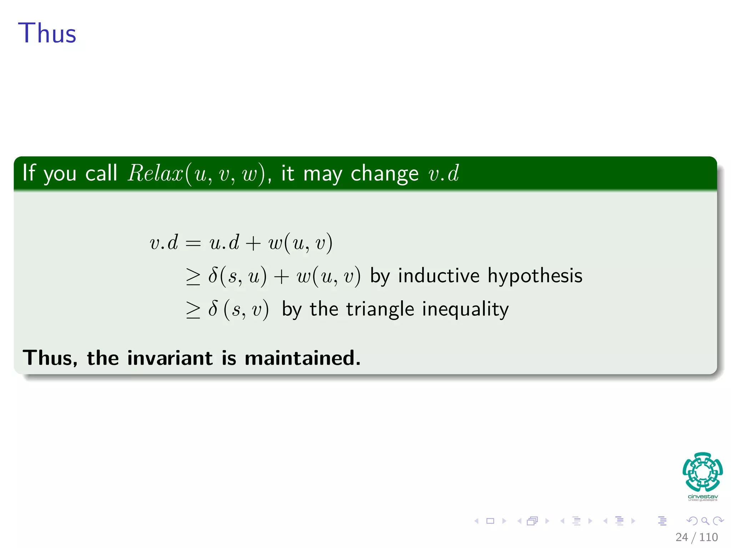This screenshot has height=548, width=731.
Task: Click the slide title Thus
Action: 47,33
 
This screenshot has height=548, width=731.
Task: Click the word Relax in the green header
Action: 156,173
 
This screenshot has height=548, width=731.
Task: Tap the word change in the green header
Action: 384,174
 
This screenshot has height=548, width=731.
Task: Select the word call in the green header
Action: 101,173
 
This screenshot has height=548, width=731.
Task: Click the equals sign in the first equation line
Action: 193,243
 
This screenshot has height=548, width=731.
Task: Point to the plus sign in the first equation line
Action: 253,243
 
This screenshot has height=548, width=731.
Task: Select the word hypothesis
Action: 535,276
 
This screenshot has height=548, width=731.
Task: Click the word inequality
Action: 465,309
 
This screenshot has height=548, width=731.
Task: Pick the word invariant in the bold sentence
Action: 170,358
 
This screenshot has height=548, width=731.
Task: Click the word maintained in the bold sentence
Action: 303,358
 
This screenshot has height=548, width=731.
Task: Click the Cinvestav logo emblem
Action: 702,472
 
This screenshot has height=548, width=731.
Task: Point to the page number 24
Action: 681,537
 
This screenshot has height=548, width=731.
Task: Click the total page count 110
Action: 709,537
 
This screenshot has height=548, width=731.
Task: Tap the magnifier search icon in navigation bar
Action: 705,521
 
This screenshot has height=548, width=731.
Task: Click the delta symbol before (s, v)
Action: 213,309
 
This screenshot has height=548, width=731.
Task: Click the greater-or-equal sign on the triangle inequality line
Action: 193,309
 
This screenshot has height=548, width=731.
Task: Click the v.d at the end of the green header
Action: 444,174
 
